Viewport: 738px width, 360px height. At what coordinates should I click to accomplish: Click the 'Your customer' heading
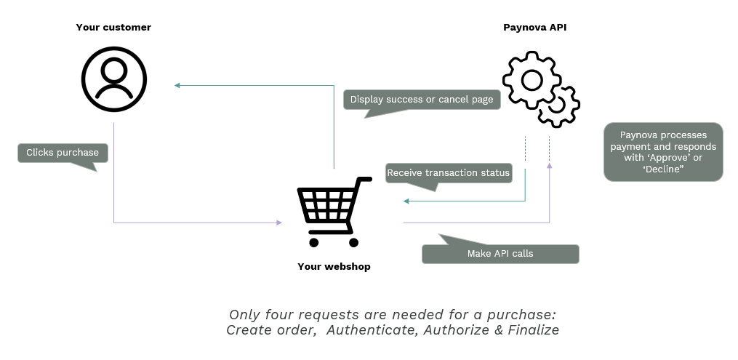click(113, 28)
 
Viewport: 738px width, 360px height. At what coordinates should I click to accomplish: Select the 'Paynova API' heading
click(534, 28)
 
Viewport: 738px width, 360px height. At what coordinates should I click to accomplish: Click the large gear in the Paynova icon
click(532, 80)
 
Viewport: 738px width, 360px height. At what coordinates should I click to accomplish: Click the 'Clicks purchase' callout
click(63, 153)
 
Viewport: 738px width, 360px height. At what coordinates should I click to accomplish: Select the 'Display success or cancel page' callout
click(422, 100)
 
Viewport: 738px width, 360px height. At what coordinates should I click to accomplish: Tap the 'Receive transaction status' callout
click(449, 173)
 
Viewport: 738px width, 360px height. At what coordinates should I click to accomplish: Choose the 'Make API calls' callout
click(500, 254)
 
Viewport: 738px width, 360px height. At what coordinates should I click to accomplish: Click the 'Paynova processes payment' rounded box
click(663, 152)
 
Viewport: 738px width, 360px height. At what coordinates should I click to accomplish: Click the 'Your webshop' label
click(334, 267)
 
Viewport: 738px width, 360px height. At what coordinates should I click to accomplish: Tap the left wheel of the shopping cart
click(314, 241)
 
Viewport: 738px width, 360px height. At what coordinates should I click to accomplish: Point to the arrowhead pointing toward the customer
click(177, 86)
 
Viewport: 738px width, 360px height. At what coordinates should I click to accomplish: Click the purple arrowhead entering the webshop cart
click(278, 223)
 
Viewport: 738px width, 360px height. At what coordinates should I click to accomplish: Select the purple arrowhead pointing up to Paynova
click(549, 167)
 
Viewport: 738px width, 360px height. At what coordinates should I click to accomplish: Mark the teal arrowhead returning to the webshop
click(406, 201)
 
